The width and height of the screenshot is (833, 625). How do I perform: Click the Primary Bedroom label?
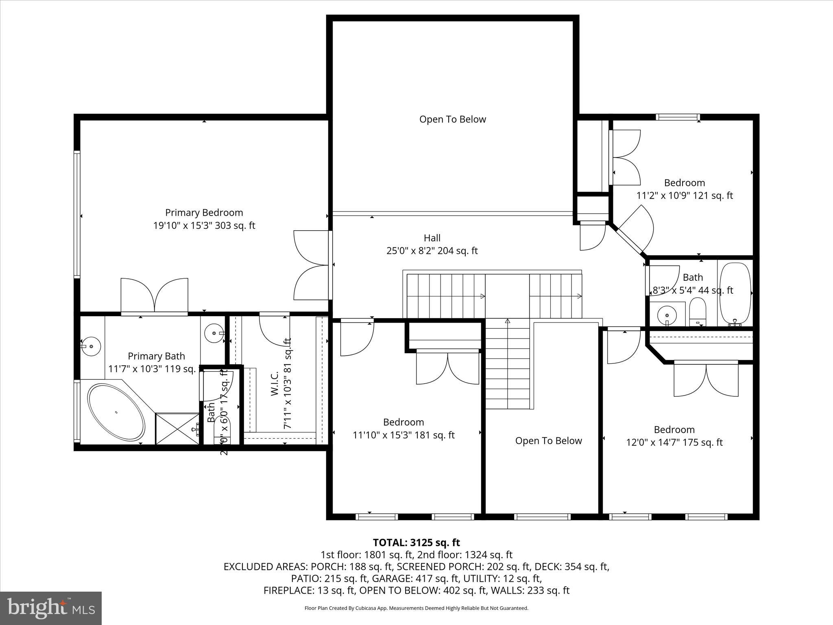coord(204,212)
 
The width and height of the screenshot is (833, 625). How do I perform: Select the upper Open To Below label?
coord(452,119)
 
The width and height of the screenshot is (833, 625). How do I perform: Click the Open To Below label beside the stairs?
coord(548,441)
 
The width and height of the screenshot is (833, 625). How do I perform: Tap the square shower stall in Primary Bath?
coord(176,428)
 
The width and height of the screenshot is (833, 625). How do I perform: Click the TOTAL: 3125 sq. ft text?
coord(416,542)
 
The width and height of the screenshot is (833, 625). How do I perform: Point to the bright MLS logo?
coord(51,608)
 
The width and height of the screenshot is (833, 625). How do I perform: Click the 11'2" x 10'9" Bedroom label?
coord(684,183)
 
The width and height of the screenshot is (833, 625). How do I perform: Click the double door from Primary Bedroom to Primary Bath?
coord(155,296)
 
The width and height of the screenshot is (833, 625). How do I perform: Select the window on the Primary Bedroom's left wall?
coord(76,214)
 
